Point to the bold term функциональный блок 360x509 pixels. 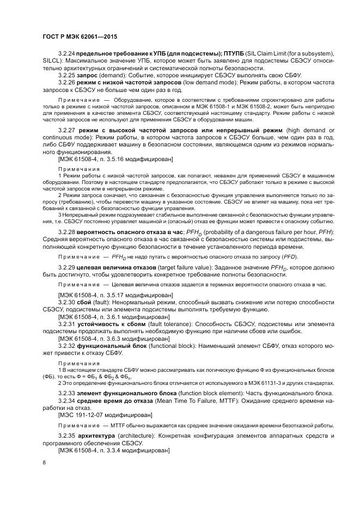110,346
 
